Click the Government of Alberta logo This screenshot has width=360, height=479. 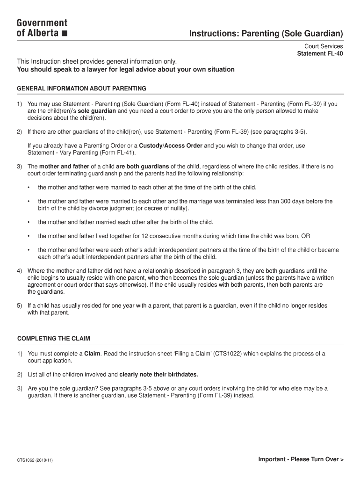42,28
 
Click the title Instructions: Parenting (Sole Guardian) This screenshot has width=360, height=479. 266,34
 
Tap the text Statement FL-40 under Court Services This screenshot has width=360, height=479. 320,53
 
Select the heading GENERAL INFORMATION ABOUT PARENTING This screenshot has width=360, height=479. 82,88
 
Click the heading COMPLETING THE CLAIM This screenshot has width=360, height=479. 54,338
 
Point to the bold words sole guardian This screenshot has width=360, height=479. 97,111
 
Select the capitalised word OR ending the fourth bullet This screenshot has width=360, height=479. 305,236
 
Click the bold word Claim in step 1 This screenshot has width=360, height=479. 92,354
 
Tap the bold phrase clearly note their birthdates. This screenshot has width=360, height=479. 159,374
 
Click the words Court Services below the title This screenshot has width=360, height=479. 324,46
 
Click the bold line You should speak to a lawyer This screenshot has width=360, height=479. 126,70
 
